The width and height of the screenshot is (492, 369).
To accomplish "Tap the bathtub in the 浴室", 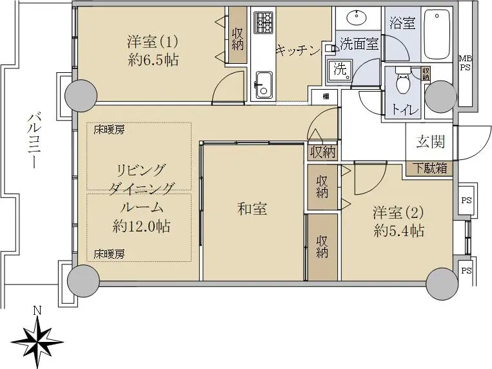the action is tap(437, 34).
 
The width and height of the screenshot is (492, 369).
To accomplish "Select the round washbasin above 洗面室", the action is tap(359, 18).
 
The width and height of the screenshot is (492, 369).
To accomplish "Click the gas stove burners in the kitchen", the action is tap(263, 23).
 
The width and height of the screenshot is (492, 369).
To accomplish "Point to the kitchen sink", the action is tap(263, 85).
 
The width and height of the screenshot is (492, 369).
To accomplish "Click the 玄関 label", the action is tap(431, 142).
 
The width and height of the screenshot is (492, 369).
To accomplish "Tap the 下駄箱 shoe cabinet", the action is tap(429, 168).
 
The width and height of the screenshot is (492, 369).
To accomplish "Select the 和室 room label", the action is tap(252, 209).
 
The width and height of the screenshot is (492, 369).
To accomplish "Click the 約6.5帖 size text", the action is tap(153, 59).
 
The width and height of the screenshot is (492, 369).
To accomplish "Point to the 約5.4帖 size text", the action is tap(399, 231).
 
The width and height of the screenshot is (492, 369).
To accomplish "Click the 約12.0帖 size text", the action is tap(141, 226).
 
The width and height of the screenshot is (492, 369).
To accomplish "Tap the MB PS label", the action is tap(466, 63).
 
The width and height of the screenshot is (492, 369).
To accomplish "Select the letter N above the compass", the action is tap(37, 310).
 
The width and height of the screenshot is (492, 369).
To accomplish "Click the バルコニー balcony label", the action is tap(34, 141).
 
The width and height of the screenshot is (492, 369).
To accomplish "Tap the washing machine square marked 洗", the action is tap(340, 72).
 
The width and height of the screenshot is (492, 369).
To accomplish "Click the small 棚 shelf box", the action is tap(326, 97).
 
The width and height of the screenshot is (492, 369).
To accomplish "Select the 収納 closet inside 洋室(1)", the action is tap(237, 35).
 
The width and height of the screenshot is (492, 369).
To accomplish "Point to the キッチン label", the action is tap(298, 51).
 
